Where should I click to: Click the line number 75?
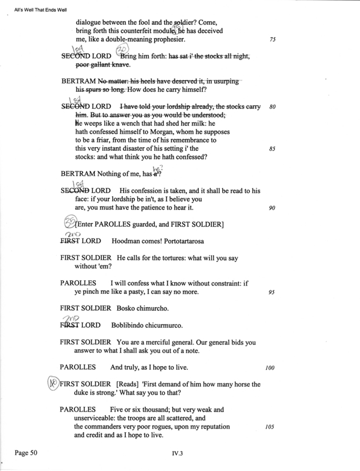click(x=272, y=39)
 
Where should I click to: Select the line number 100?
click(x=271, y=368)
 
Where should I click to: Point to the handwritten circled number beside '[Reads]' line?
click(x=53, y=383)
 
